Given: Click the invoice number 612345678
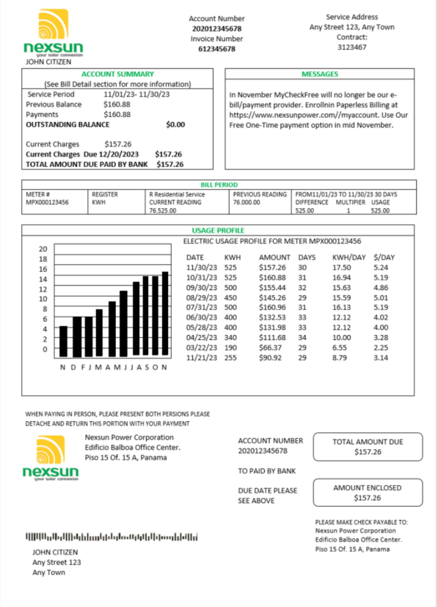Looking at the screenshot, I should click(x=217, y=49).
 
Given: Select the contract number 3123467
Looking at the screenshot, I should click(x=352, y=47).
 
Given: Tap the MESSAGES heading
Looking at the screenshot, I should click(x=320, y=74).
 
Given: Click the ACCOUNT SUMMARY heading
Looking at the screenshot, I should click(x=118, y=74).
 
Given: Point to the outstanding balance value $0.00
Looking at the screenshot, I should click(x=175, y=124).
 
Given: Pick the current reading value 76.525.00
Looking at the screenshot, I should click(x=163, y=211).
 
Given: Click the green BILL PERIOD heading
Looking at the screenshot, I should click(x=219, y=185).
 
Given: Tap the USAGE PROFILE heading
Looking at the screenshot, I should click(x=218, y=231).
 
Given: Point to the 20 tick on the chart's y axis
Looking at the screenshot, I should click(x=43, y=249).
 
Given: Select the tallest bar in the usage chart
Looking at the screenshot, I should click(x=165, y=313).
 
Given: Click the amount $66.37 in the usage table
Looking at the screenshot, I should click(x=270, y=347).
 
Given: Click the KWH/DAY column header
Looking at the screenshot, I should click(x=349, y=257).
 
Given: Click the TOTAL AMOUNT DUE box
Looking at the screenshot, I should click(x=367, y=447).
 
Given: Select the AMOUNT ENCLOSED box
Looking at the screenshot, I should click(x=367, y=492).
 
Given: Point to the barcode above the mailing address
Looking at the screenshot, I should click(x=112, y=537).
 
